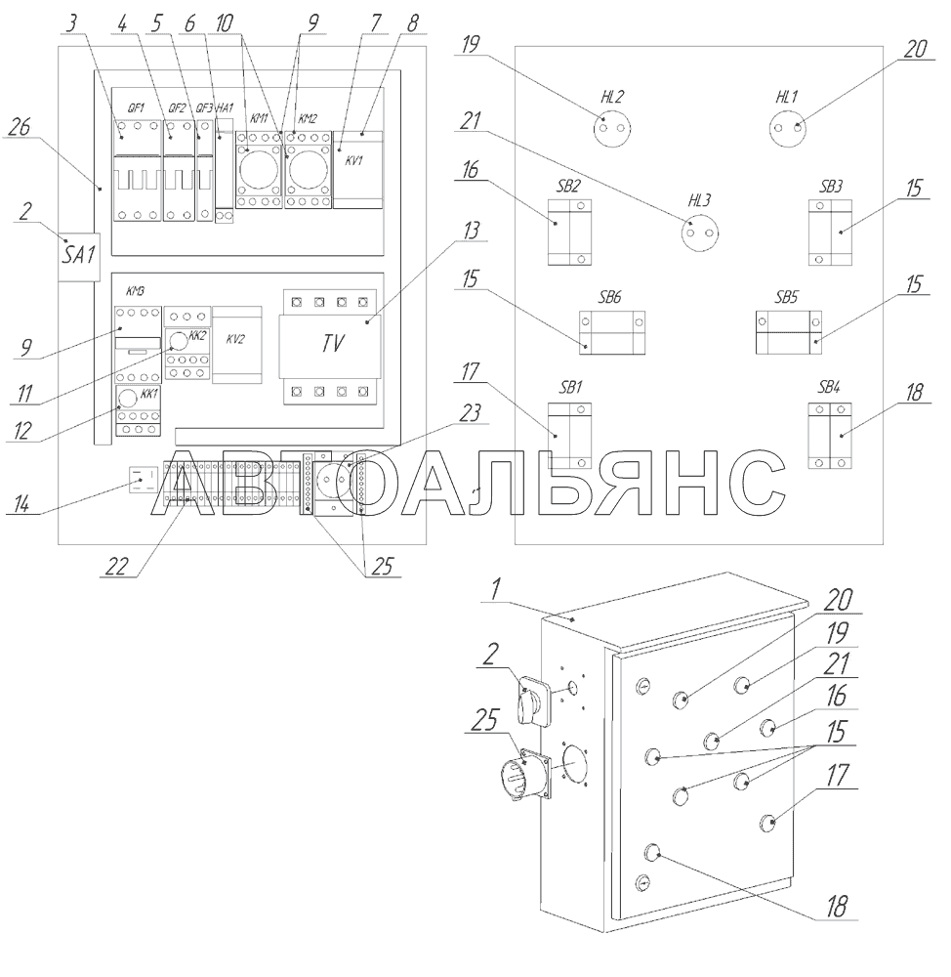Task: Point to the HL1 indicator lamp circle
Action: click(x=789, y=127)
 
